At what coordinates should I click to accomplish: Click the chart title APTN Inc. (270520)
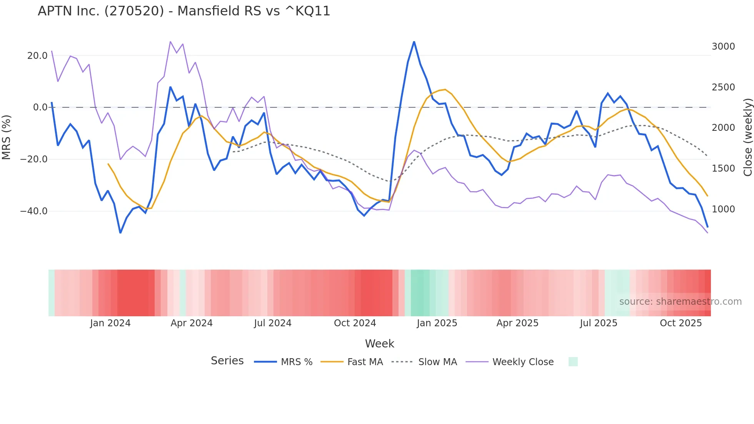coord(184,11)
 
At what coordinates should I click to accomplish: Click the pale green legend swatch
coord(573,362)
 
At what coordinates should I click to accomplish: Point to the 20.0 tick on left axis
coord(37,56)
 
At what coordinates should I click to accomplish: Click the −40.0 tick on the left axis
coord(34,211)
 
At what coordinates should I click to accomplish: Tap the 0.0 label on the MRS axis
coord(40,107)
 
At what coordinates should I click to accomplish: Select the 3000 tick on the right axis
coord(723,47)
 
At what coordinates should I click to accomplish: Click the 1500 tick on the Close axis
coord(723,169)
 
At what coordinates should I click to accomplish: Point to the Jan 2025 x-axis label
coord(437,323)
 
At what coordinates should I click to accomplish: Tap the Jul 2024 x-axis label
coord(272,323)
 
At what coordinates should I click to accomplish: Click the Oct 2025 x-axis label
coord(681,323)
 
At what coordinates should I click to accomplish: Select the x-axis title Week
coord(379,344)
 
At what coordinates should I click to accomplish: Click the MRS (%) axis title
coord(6,137)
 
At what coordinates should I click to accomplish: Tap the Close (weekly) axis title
coord(747,137)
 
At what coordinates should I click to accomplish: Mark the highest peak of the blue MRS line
coord(414,42)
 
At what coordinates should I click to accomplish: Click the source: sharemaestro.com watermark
coord(680,302)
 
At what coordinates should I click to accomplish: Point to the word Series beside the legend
coord(227,361)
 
